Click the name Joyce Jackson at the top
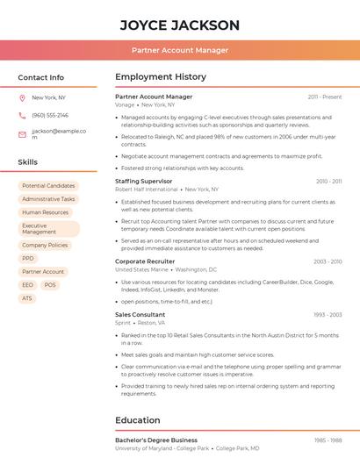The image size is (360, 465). [179, 25]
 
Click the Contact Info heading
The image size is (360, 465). [41, 77]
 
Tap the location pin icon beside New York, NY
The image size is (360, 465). [22, 97]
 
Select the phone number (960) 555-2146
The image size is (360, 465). [50, 115]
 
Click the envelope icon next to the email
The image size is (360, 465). [22, 134]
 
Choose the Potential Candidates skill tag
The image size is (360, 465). [48, 186]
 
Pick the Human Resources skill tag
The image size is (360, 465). [45, 212]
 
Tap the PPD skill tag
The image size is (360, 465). [28, 259]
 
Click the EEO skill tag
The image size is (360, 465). [28, 285]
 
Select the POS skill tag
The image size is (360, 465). [50, 285]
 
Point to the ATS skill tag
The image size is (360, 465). [27, 298]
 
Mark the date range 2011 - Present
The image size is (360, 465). [325, 97]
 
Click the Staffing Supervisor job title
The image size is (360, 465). [145, 181]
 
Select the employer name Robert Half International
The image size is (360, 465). [147, 190]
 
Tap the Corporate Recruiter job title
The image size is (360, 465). [145, 261]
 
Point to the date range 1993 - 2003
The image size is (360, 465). [328, 314]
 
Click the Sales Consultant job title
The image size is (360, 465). [140, 314]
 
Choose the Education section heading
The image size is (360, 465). [138, 419]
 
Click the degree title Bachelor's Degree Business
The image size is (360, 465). [156, 440]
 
